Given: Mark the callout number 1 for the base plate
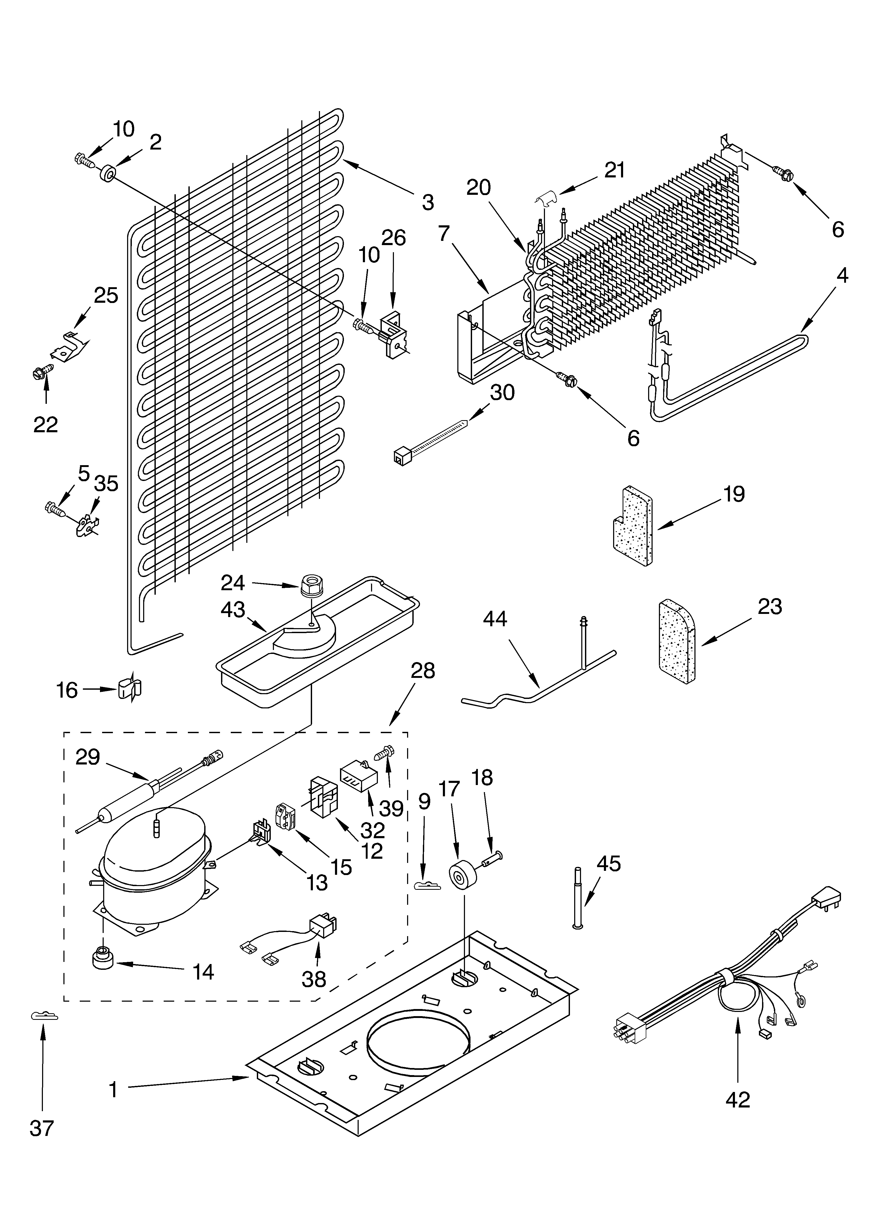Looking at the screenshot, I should point(113,1090).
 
